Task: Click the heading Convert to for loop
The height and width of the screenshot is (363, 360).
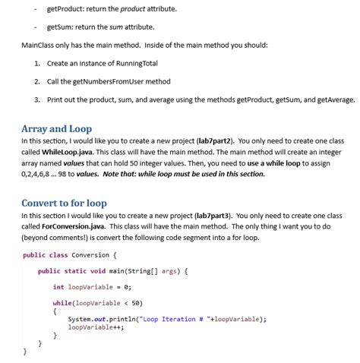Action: (x=64, y=203)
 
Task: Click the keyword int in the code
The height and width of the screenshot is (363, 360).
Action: (x=58, y=287)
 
